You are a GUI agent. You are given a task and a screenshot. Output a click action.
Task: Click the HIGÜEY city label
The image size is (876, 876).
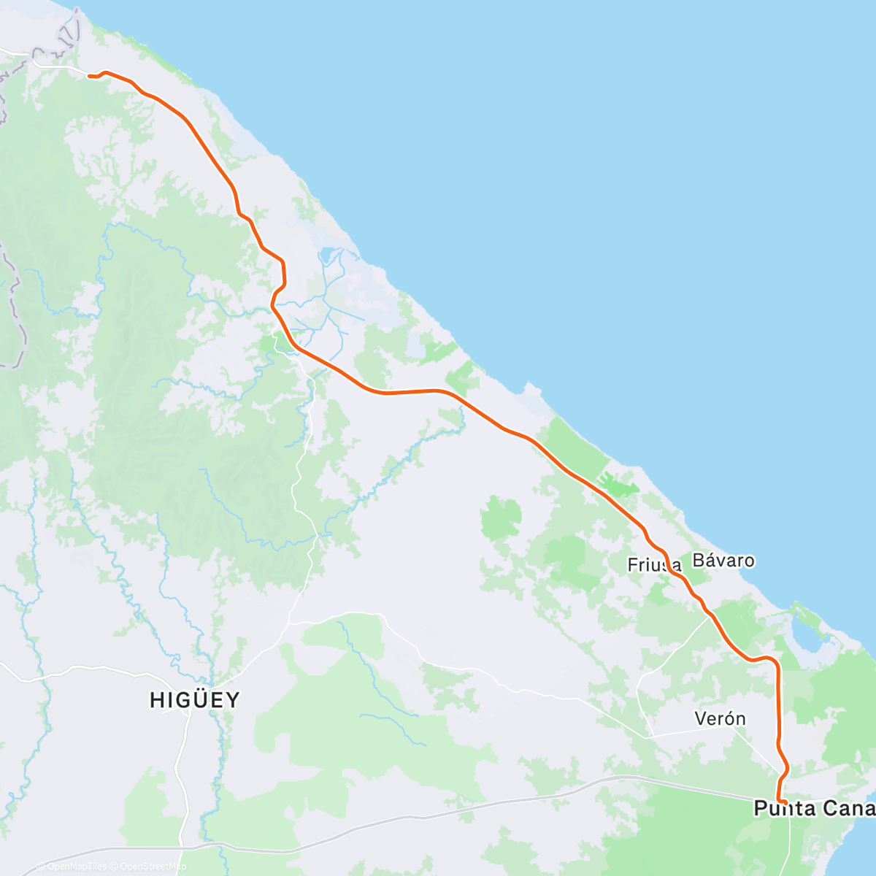[194, 700]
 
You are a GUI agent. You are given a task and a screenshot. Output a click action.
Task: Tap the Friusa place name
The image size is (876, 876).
[654, 565]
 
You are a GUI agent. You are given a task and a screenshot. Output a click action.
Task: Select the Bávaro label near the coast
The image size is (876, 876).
[723, 561]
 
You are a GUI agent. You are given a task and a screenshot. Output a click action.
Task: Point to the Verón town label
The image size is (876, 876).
[720, 719]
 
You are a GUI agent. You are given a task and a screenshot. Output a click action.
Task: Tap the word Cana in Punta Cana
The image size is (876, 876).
[848, 808]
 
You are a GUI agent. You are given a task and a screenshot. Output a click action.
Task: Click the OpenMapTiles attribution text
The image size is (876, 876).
[75, 867]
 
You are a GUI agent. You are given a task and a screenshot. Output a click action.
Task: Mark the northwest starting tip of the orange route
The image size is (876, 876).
[88, 75]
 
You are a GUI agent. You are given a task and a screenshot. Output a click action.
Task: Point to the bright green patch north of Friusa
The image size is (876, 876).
[617, 484]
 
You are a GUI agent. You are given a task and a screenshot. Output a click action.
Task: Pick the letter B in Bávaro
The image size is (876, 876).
[698, 561]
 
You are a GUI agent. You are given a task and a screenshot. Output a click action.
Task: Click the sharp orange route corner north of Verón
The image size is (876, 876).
[775, 663]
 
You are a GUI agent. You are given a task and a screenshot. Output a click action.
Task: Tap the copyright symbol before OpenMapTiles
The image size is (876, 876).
[40, 867]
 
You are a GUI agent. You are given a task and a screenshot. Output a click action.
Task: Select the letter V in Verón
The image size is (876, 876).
[700, 719]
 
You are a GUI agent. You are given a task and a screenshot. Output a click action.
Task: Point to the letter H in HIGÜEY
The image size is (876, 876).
[155, 700]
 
